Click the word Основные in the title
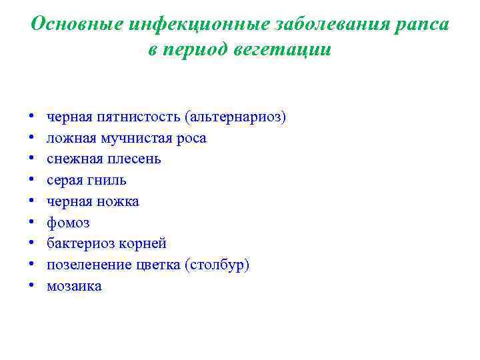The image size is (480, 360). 77,25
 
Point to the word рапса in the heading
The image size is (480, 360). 423,25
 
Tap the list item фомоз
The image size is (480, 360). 68,223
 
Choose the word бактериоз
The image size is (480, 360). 79,244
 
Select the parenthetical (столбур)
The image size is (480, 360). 218,265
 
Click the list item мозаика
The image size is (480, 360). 74,286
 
